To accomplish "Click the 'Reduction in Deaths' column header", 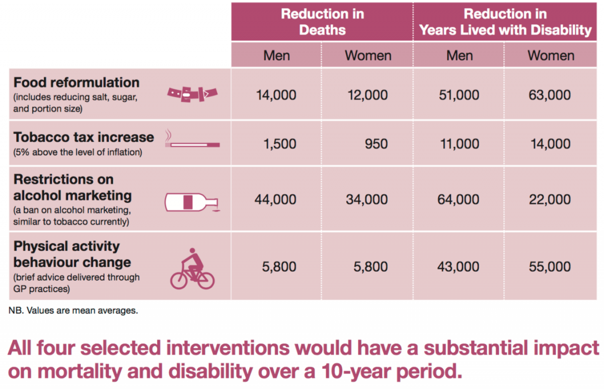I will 322,21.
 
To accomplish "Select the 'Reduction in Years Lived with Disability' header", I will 505,21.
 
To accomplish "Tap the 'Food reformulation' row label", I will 77,83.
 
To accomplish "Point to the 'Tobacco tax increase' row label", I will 84,138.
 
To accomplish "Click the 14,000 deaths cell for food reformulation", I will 276,95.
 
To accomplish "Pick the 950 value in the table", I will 376,144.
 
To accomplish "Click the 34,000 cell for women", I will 367,200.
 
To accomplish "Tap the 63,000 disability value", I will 550,95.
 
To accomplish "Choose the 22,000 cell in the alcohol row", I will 550,200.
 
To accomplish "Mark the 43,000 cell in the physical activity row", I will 459,266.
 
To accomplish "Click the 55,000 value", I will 550,266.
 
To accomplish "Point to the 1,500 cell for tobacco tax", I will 279,144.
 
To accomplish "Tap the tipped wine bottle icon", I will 193,202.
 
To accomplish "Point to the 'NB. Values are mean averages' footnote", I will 73,310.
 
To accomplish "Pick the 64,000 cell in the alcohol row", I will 459,200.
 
